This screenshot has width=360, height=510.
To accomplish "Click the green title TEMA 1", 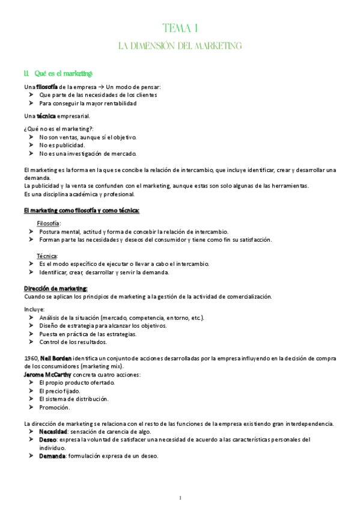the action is (x=180, y=28).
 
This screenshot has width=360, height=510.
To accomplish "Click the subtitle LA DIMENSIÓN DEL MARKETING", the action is (x=180, y=46).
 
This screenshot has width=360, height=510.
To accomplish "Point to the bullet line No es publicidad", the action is (x=62, y=145).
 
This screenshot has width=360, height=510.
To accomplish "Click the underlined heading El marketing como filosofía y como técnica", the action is (x=82, y=210).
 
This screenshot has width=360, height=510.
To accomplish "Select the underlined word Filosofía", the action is (x=48, y=223).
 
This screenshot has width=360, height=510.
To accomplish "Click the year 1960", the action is (x=31, y=358).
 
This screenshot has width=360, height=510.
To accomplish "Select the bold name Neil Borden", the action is (x=56, y=358).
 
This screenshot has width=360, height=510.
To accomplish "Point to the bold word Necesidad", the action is (x=53, y=432).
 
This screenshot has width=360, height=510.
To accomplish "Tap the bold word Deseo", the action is (x=48, y=440).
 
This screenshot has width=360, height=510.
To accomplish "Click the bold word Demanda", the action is (x=52, y=456).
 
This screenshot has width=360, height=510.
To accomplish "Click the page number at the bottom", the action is (x=180, y=497).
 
